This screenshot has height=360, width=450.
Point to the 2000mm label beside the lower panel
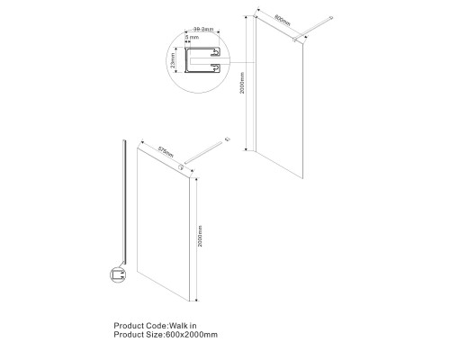(199, 238)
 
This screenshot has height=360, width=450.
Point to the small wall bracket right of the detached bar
(230, 138)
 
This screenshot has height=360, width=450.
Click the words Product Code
(140, 325)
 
